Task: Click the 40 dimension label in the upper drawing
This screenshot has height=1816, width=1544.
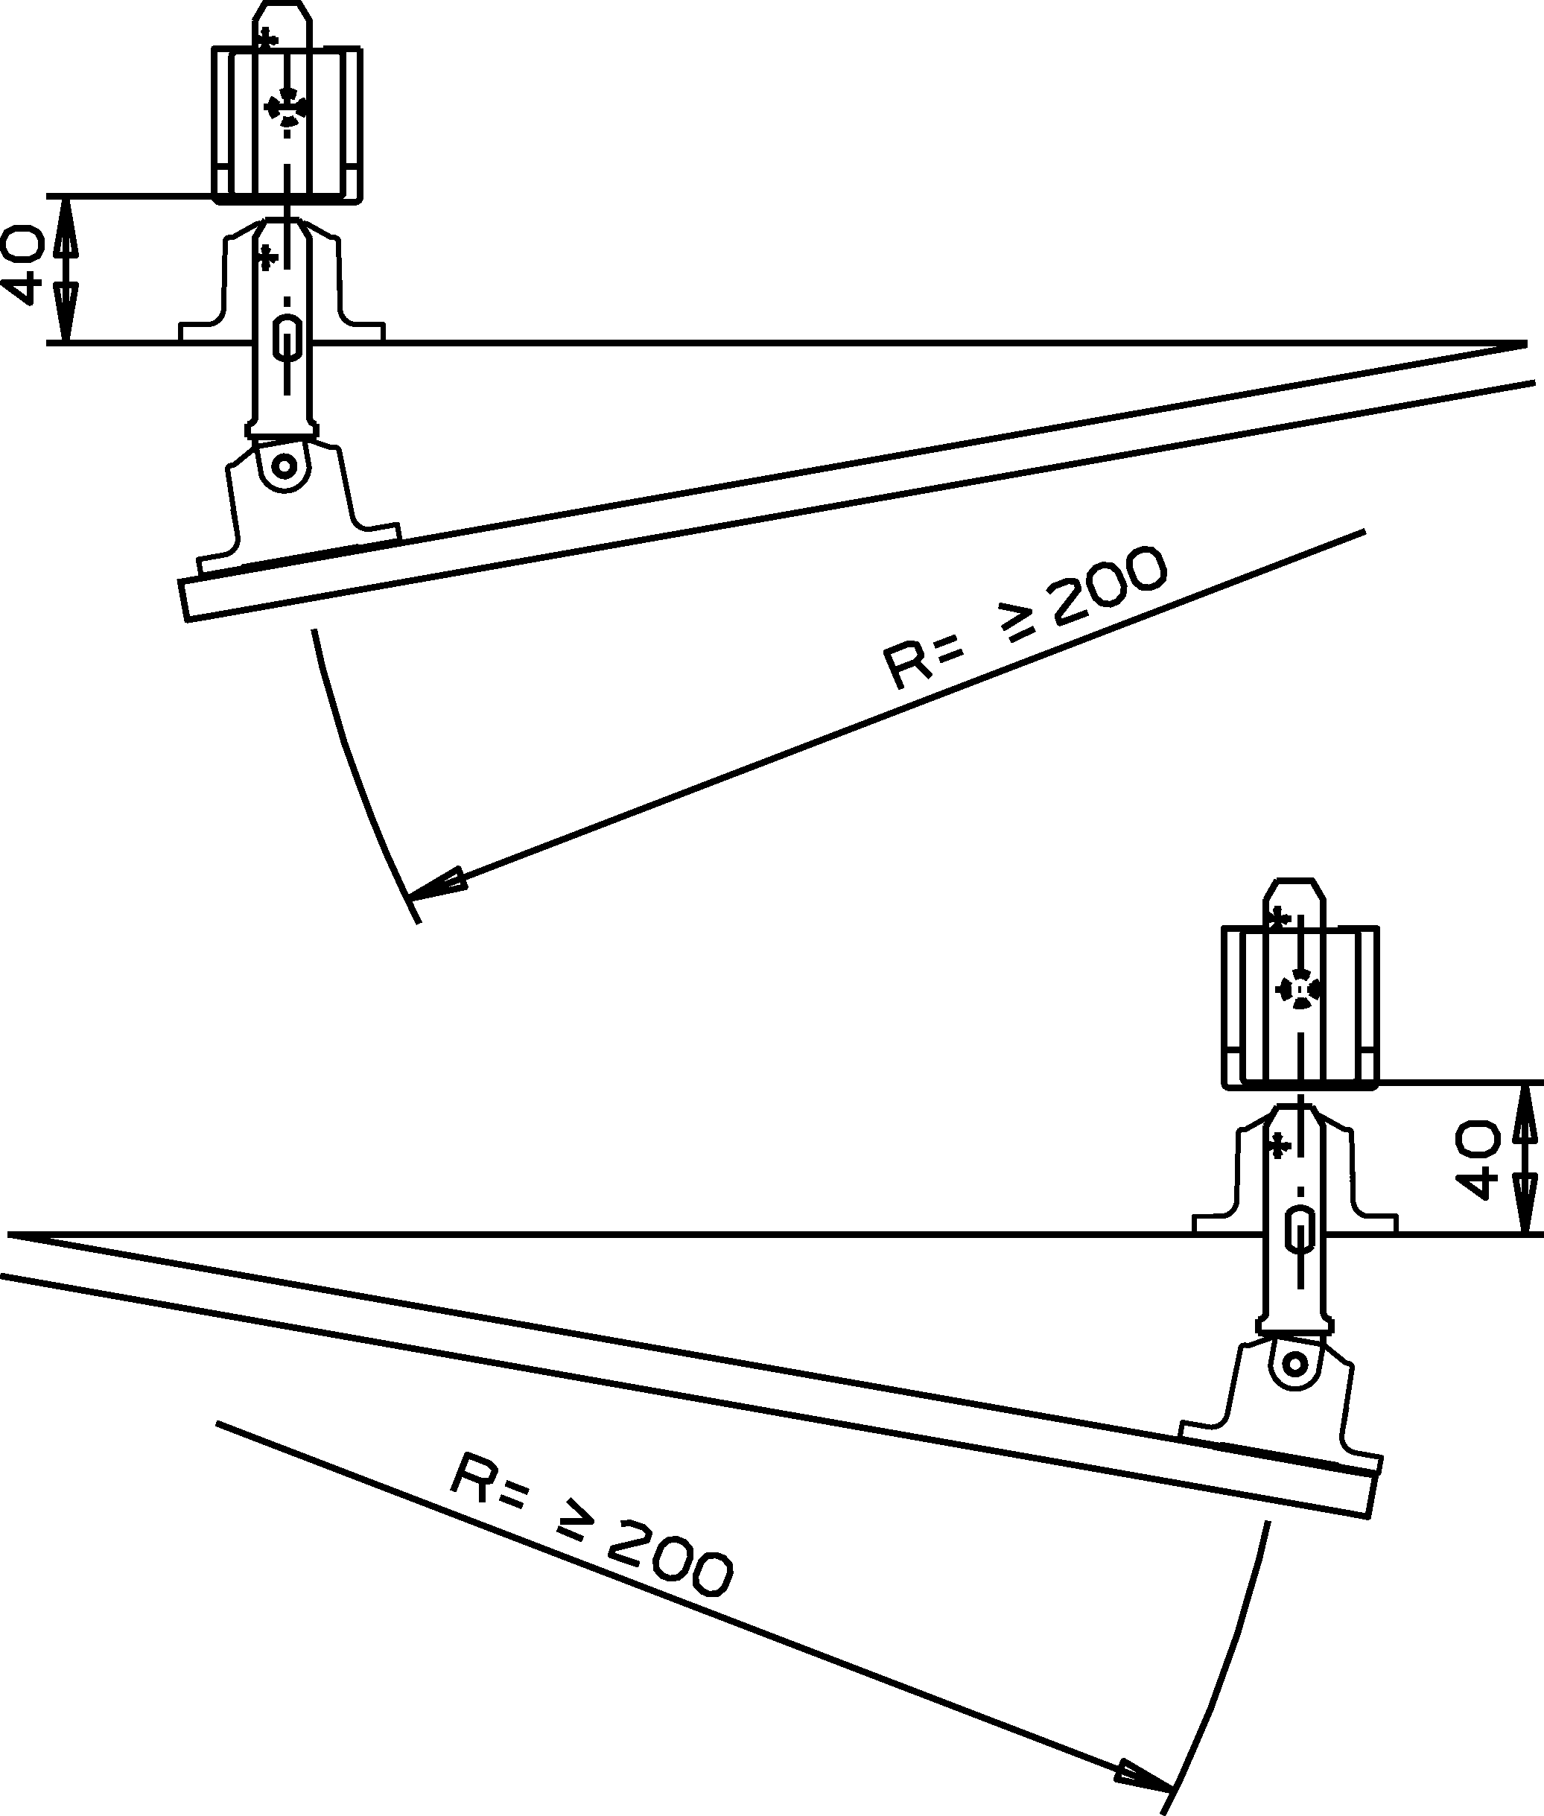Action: point(24,265)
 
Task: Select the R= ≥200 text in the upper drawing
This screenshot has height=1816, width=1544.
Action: point(1024,617)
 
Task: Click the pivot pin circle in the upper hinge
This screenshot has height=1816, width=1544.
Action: point(284,465)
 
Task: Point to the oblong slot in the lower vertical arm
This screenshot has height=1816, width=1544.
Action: point(1300,1233)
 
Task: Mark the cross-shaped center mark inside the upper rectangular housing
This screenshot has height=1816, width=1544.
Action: point(286,107)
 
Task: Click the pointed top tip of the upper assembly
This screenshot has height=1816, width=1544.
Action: point(284,5)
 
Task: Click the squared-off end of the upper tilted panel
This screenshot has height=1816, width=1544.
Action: point(185,600)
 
